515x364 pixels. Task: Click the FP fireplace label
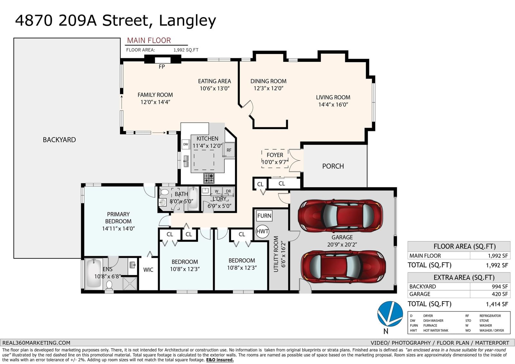(x=162, y=67)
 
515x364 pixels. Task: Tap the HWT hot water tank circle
(x=262, y=231)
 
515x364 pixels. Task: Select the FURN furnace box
(x=264, y=216)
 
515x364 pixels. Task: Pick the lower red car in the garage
(x=343, y=267)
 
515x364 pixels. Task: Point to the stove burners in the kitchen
(x=209, y=178)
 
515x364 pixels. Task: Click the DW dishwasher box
(x=185, y=145)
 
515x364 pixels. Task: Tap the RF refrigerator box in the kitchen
(x=229, y=150)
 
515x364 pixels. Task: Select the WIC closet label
(x=148, y=270)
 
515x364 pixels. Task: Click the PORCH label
(x=333, y=166)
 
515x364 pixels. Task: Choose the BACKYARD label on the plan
(x=59, y=140)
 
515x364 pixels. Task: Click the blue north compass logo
(x=390, y=314)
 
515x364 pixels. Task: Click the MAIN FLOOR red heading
(x=149, y=41)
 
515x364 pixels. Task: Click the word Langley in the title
(x=187, y=21)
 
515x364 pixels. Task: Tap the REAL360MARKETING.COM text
(x=36, y=343)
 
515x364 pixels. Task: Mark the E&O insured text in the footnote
(x=220, y=360)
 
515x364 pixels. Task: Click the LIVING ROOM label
(x=333, y=97)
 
